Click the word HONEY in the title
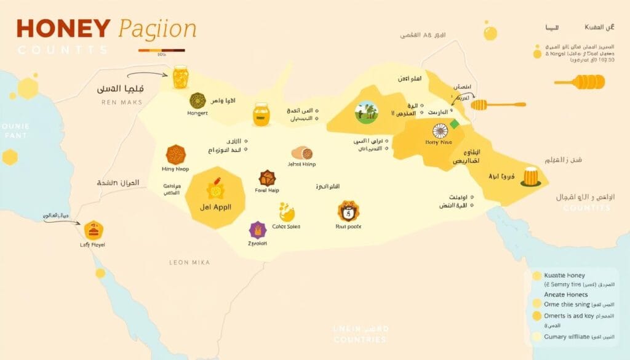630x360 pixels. point(63,30)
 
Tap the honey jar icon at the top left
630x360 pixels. point(180,78)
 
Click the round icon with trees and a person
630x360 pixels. point(366,112)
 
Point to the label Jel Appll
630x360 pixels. point(216,207)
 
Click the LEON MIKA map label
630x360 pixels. point(189,262)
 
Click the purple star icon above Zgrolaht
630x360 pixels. point(257,230)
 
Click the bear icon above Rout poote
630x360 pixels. point(348,212)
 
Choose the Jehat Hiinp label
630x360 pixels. point(301,165)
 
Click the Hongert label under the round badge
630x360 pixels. point(197,113)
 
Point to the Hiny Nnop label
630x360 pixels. point(175,169)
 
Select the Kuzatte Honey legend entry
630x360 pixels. point(564,275)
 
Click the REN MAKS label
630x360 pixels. point(121,102)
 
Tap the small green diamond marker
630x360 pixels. point(455,124)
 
